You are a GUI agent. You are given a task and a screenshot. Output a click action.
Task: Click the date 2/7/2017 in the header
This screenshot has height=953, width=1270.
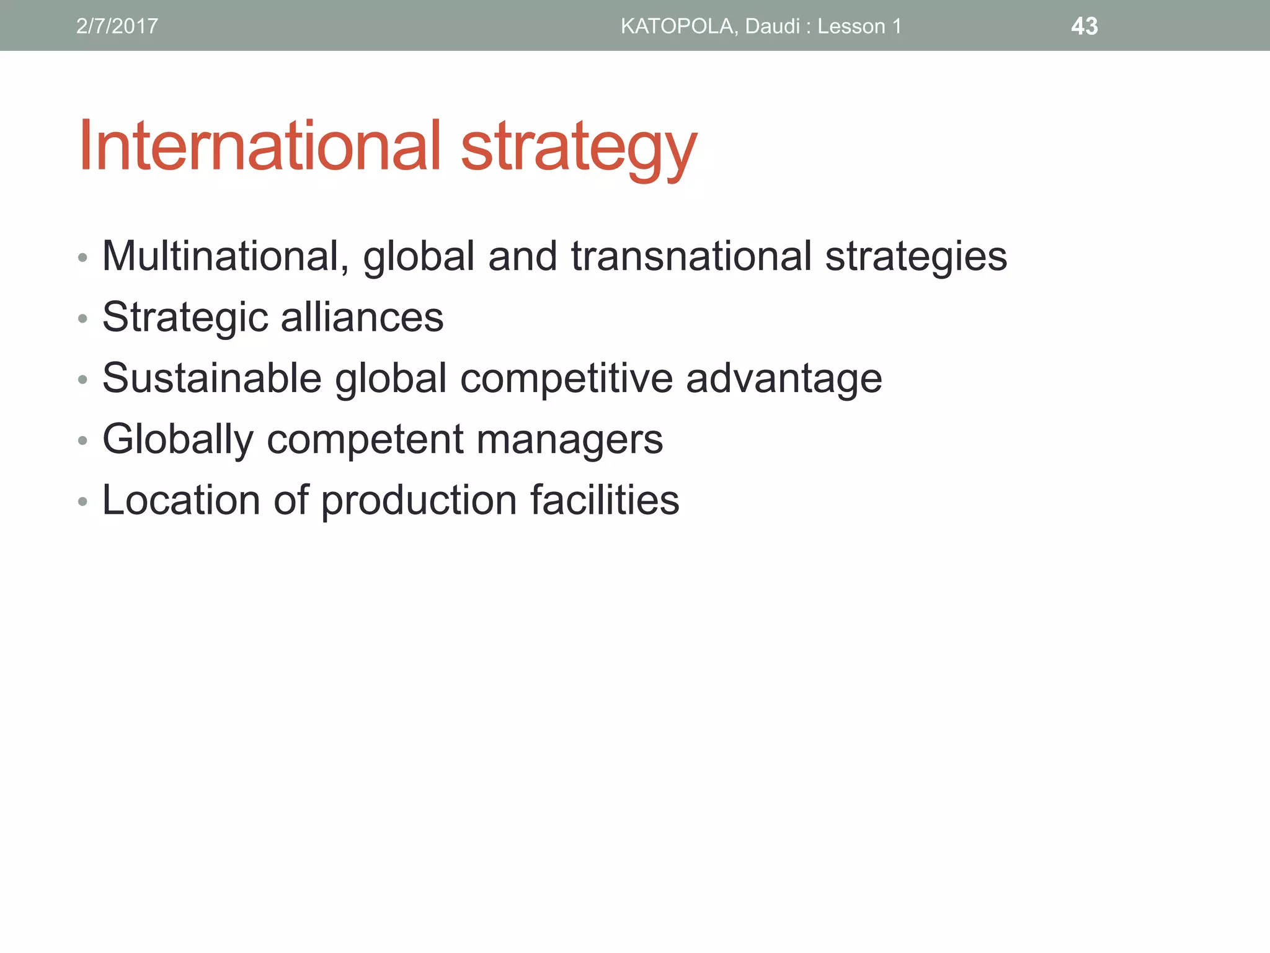117,26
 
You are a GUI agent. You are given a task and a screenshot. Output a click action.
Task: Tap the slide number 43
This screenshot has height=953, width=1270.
1084,26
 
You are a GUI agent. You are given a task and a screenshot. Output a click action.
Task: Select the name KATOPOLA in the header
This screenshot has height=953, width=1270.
679,26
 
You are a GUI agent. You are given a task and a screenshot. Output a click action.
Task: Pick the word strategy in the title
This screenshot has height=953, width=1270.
579,149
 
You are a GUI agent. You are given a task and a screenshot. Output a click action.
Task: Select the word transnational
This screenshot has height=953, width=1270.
691,256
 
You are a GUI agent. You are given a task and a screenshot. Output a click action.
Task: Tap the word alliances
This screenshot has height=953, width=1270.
362,317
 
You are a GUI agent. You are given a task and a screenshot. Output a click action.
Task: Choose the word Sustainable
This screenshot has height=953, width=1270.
212,378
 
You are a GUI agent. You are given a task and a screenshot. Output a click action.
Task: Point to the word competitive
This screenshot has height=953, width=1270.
566,378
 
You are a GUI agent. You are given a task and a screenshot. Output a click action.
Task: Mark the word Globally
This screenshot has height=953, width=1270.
178,439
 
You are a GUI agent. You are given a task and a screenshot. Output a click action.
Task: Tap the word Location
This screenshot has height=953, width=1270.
181,500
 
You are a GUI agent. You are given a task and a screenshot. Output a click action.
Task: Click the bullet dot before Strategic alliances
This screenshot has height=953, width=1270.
82,319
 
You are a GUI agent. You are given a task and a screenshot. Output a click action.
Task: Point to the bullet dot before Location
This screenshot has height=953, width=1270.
82,501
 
